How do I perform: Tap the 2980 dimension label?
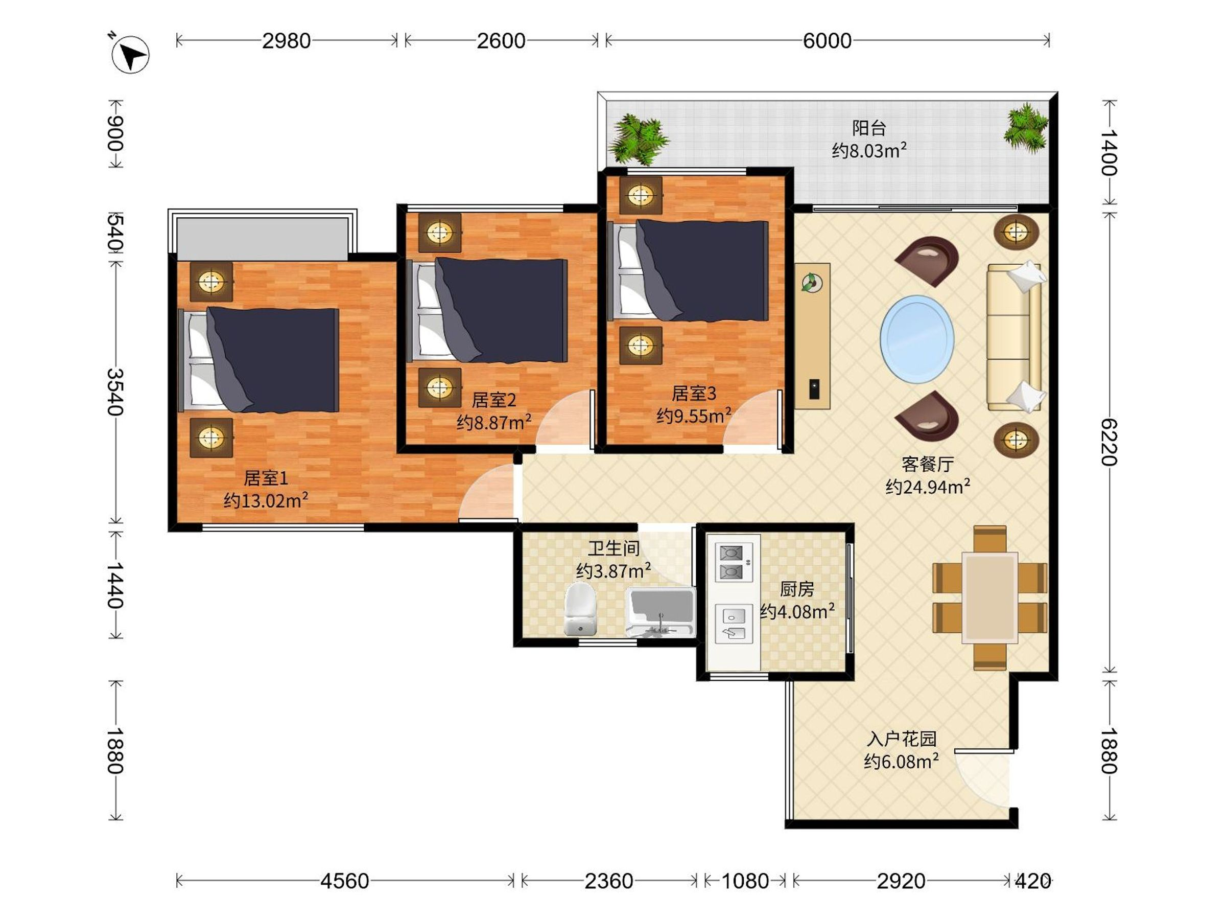(286, 40)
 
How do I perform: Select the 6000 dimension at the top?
(827, 40)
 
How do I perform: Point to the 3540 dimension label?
(115, 392)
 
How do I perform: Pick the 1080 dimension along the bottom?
(745, 881)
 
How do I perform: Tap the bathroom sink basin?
(659, 612)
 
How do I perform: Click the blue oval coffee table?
(917, 339)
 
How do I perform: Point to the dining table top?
(989, 597)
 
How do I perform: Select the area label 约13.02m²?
(266, 501)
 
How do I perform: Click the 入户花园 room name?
(901, 739)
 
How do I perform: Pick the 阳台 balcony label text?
(868, 128)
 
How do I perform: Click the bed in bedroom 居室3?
(689, 270)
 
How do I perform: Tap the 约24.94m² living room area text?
(928, 487)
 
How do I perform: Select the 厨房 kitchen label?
(797, 588)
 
